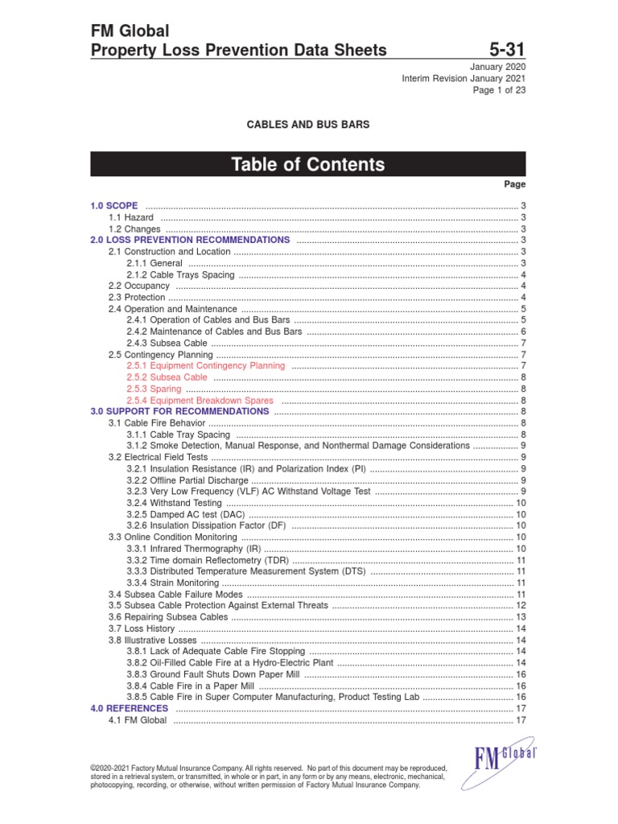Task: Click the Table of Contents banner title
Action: pos(308,165)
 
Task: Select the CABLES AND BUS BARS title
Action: pos(307,125)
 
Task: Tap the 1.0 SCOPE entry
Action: pos(114,206)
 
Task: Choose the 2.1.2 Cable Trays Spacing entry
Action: pos(180,274)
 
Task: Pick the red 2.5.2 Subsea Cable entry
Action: pos(167,377)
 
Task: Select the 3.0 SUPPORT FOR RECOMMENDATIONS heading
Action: pos(179,411)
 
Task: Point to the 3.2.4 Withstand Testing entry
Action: pos(174,502)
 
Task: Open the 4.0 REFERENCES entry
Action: pos(130,708)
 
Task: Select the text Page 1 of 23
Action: pos(499,90)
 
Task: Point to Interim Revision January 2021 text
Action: pos(463,78)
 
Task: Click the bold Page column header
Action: pos(515,184)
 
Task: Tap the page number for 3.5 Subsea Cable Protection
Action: pos(521,605)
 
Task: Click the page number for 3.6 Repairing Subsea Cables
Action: pos(521,617)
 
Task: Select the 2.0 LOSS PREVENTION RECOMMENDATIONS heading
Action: pos(190,240)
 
